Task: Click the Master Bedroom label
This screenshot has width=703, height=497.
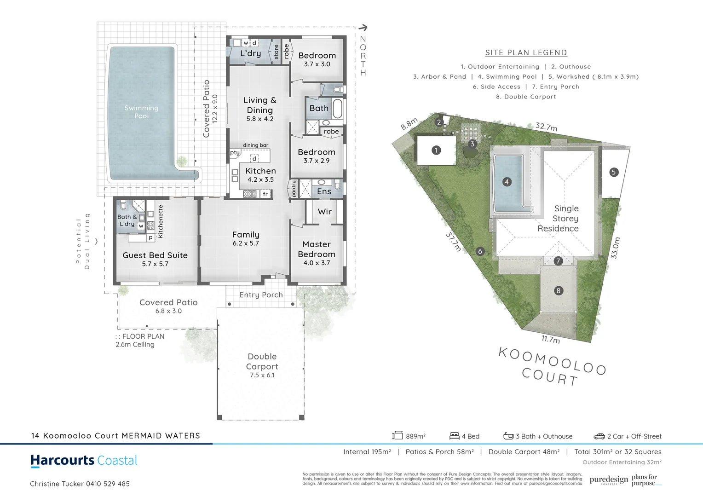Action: (317, 249)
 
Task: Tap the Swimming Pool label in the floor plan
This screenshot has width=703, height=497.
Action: (141, 112)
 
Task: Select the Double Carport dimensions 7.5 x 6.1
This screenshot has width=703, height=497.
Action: (262, 375)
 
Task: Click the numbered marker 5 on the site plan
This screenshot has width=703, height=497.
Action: (613, 172)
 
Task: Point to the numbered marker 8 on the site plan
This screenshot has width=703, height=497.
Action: (558, 290)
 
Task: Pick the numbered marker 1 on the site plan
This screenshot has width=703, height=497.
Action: (436, 150)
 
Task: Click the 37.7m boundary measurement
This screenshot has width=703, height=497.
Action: (453, 241)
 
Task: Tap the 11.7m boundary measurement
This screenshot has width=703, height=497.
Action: (550, 340)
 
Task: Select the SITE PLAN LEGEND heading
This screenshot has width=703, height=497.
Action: (526, 52)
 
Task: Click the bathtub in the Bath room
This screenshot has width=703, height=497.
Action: (337, 109)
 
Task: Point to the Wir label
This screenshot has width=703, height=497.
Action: (324, 212)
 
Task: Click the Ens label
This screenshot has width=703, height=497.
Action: (324, 191)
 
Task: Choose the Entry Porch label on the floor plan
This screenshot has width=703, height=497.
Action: (261, 295)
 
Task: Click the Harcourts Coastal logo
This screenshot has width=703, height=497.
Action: (84, 460)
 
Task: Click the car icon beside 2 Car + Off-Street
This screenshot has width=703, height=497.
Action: (599, 436)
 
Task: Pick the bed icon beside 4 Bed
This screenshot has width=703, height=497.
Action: (454, 436)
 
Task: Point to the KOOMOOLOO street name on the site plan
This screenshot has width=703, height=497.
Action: (552, 361)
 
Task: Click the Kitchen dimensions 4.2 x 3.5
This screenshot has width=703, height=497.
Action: (260, 179)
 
